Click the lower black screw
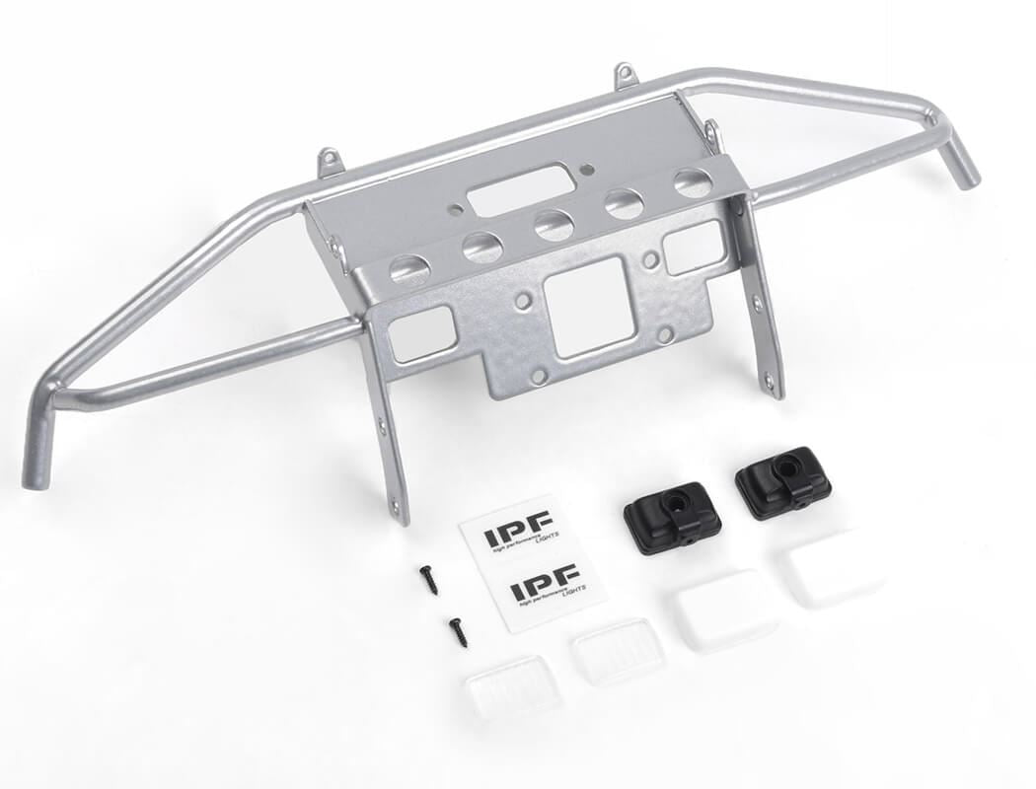click(458, 631)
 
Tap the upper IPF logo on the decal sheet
click(518, 534)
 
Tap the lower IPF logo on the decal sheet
click(545, 590)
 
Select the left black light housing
click(672, 517)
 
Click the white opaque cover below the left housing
click(725, 609)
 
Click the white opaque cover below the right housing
click(835, 569)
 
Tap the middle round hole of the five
click(555, 225)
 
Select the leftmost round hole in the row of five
click(408, 267)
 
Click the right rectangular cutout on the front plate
click(695, 247)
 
